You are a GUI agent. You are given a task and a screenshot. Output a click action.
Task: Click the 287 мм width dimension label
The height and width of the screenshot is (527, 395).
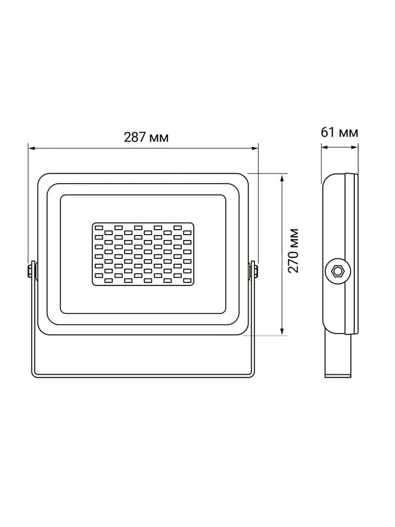[x=146, y=137]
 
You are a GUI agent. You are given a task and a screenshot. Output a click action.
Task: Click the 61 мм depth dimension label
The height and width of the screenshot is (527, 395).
[x=339, y=132]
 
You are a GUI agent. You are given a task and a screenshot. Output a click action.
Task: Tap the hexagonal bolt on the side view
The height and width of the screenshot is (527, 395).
[x=337, y=271]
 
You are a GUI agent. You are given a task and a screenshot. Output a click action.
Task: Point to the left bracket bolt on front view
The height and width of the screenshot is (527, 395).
[x=30, y=271]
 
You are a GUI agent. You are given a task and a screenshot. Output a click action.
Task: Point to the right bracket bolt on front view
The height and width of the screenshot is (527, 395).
[x=255, y=271]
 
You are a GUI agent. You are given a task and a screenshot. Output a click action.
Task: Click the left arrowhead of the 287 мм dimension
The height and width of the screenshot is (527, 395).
[x=32, y=148]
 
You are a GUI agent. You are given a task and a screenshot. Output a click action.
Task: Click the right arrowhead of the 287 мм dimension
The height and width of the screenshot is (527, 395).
[x=255, y=148]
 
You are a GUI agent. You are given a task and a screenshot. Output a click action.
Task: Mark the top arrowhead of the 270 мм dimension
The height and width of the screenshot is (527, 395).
[x=282, y=178]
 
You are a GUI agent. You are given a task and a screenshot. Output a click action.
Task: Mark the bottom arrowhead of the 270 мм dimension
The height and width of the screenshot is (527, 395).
[x=282, y=331]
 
